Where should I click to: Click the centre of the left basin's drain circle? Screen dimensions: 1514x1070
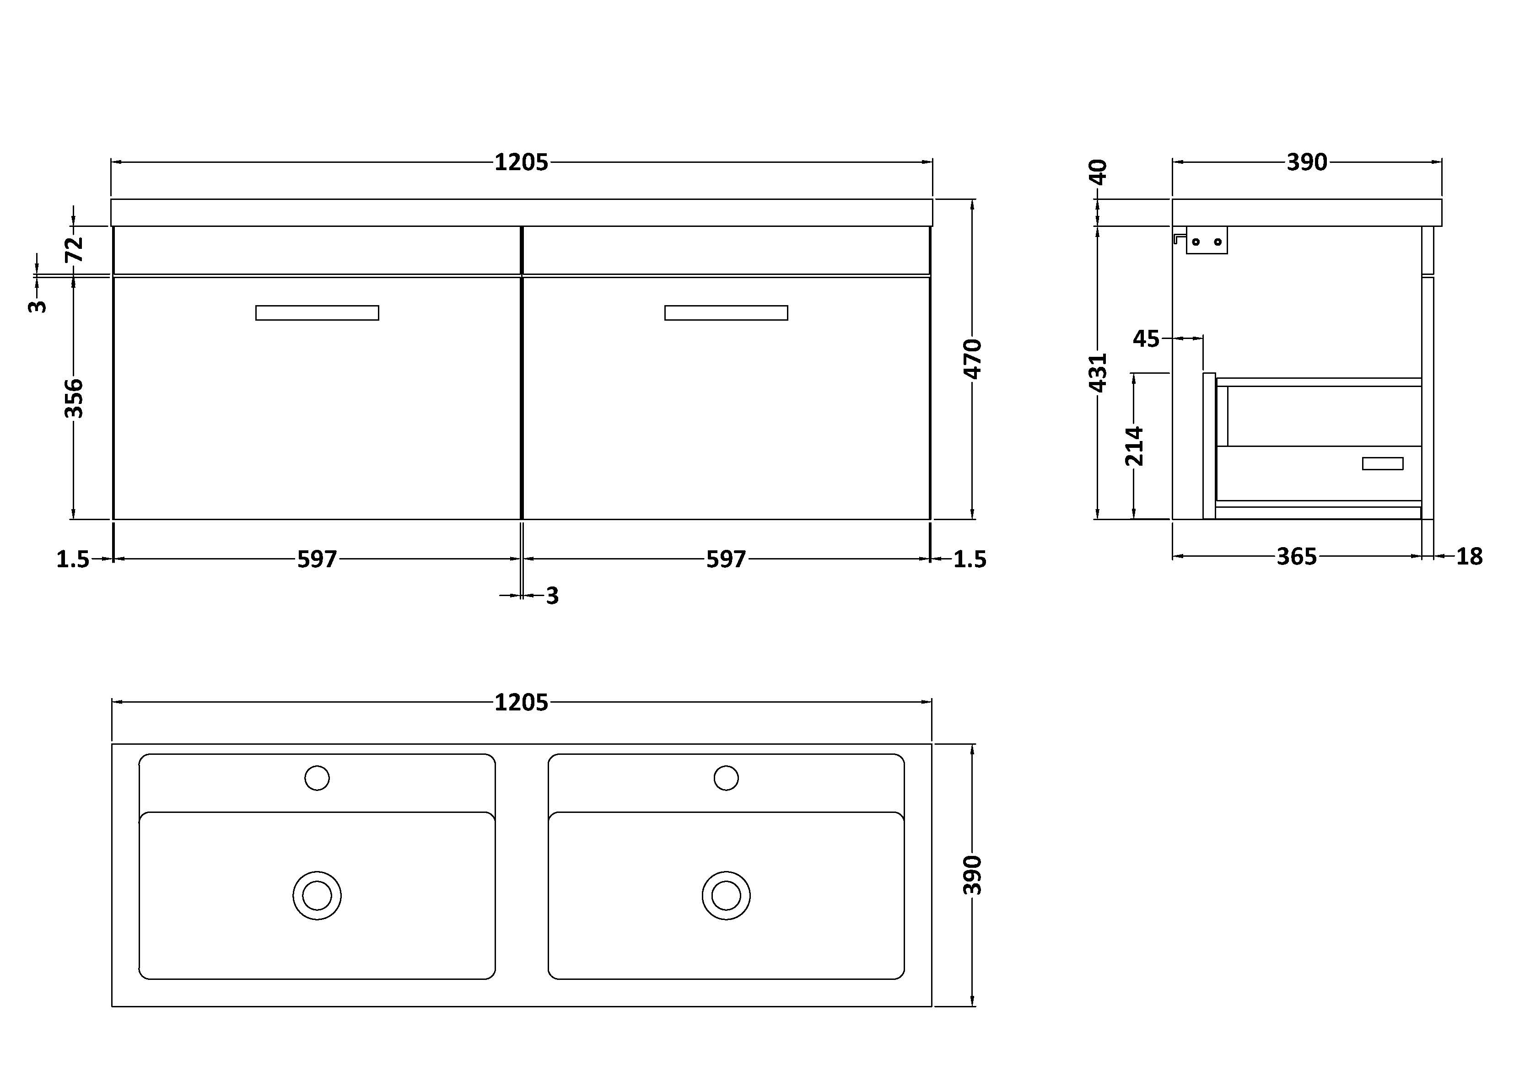point(317,896)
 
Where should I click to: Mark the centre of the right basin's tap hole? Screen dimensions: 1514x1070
point(726,778)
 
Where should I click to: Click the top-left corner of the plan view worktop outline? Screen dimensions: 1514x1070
point(112,744)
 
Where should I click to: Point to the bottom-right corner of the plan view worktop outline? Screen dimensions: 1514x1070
point(932,1007)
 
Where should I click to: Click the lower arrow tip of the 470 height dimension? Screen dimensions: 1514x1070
point(973,519)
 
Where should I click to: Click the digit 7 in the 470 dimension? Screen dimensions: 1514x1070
point(973,359)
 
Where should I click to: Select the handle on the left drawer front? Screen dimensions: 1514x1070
point(317,312)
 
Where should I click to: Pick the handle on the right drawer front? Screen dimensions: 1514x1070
point(726,312)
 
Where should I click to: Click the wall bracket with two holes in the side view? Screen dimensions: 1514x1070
point(1206,241)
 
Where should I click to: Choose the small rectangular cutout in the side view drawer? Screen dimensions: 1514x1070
point(1383,463)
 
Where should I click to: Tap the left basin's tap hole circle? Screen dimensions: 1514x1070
point(317,778)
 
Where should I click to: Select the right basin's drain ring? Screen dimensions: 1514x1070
point(726,896)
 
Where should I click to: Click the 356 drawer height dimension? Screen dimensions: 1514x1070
point(74,398)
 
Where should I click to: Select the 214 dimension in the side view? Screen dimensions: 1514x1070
point(1134,446)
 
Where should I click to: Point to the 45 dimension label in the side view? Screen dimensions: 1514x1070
point(1146,339)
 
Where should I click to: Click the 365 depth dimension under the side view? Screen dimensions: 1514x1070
point(1296,556)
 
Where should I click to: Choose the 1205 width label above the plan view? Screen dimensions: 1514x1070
point(521,703)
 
